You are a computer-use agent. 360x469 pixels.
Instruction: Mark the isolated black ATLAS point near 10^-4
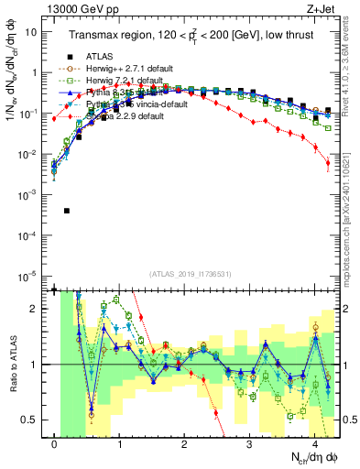[67, 211]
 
